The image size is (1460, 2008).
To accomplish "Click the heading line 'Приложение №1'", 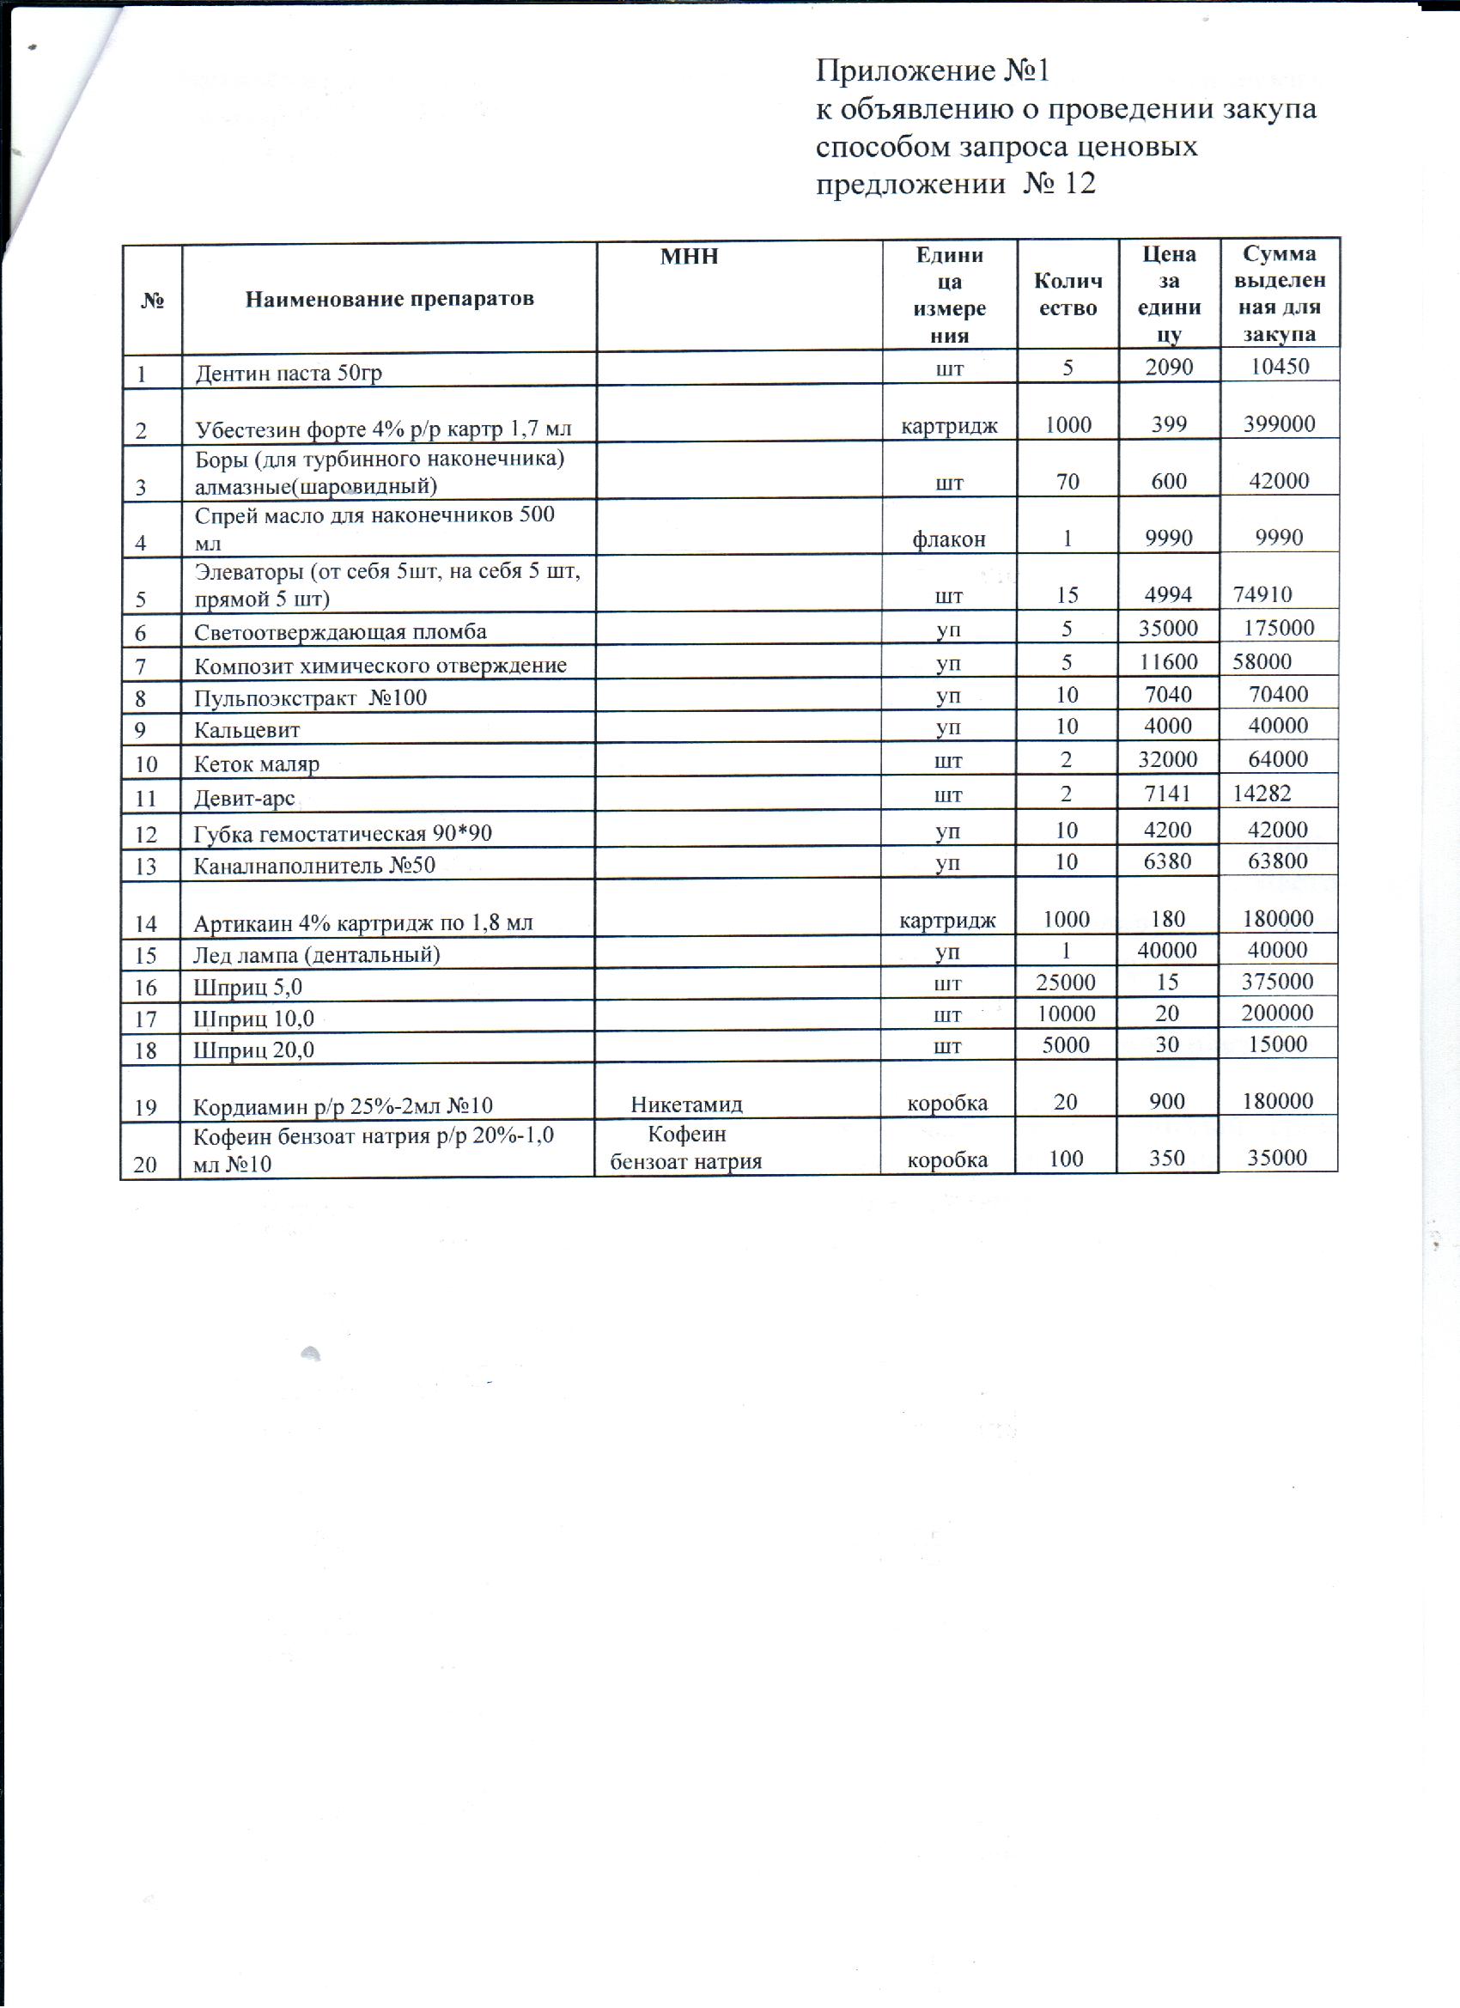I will [x=933, y=70].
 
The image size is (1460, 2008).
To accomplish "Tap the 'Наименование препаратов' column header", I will [x=390, y=298].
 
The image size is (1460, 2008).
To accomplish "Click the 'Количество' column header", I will [x=1068, y=295].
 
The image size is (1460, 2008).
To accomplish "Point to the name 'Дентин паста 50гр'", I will [x=289, y=373].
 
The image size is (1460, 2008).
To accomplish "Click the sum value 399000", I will [x=1279, y=423].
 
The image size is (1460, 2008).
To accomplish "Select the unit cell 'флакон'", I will [x=949, y=539].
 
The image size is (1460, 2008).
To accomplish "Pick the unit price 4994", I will [x=1169, y=594].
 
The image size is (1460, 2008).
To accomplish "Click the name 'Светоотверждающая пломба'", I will [x=341, y=632].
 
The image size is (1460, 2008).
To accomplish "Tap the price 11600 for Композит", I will [x=1169, y=661].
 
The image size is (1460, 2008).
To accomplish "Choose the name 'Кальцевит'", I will [x=247, y=730].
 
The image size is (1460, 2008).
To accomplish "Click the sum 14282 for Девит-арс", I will [x=1262, y=794].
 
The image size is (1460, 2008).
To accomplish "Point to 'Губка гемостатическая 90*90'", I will [x=343, y=833].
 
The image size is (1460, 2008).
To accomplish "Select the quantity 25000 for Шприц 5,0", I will [x=1066, y=982].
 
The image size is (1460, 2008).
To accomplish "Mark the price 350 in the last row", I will [x=1167, y=1159].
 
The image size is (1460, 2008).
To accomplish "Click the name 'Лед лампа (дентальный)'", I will [x=317, y=954].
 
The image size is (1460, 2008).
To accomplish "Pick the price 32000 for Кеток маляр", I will [x=1169, y=759].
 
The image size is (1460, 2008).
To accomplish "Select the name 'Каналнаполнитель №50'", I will [x=314, y=865].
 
